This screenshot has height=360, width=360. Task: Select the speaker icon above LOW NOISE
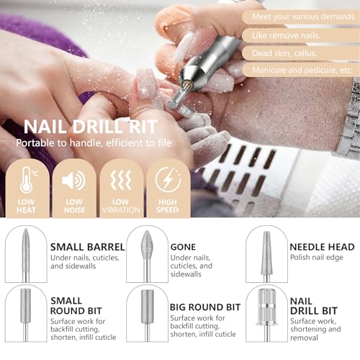(74, 180)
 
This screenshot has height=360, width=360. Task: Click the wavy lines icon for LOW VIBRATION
(121, 180)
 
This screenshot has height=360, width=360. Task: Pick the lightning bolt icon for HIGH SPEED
(168, 180)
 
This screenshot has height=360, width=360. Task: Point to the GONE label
(183, 247)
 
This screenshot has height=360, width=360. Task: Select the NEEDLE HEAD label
(322, 247)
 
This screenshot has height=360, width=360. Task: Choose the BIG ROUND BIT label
(205, 307)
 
